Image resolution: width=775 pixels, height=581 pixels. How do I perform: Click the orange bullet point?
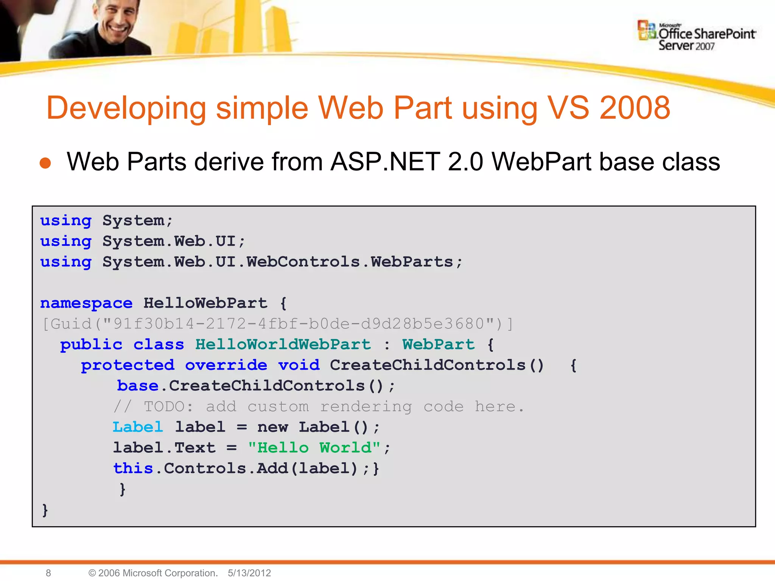(45, 163)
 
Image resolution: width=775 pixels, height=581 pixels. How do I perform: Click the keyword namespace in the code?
(86, 303)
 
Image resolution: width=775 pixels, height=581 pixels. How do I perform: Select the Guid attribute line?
(277, 324)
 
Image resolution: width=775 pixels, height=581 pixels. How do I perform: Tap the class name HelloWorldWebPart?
(283, 344)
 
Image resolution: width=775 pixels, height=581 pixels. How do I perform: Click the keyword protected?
(128, 365)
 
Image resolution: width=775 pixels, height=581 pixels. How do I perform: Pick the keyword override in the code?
(226, 365)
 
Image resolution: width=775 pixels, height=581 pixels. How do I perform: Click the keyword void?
(299, 365)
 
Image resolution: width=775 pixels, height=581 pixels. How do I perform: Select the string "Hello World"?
(314, 448)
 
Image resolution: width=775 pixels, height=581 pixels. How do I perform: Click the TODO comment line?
(319, 407)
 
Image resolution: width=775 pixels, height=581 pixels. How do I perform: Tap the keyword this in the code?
(133, 468)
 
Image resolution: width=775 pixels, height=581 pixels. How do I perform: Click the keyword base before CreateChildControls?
(138, 386)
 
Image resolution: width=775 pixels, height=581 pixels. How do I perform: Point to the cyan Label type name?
(138, 427)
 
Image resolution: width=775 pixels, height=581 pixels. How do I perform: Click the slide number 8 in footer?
(48, 573)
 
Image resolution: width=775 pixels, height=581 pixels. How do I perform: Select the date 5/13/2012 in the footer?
(249, 573)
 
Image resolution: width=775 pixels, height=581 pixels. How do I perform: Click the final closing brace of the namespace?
(45, 510)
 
